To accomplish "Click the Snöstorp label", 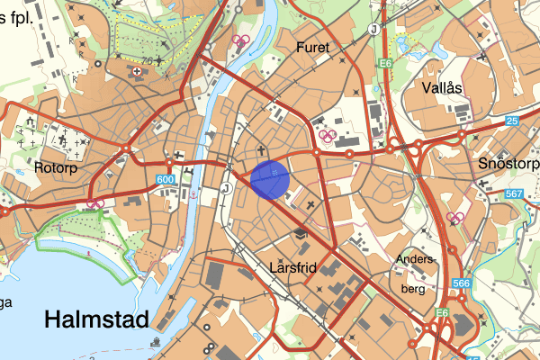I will pyautogui.click(x=508, y=164).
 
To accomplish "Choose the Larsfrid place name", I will pyautogui.click(x=294, y=267).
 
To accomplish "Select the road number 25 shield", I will pyautogui.click(x=512, y=121).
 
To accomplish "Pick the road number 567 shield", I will pyautogui.click(x=514, y=194).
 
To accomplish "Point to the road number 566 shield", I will pyautogui.click(x=462, y=284).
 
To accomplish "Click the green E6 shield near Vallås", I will pyautogui.click(x=385, y=63).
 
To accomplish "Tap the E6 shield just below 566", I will pyautogui.click(x=442, y=312).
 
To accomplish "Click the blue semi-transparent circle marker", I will pyautogui.click(x=270, y=178).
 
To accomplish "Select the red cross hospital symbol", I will pyautogui.click(x=137, y=70).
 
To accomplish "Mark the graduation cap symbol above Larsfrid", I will pyautogui.click(x=300, y=234).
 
